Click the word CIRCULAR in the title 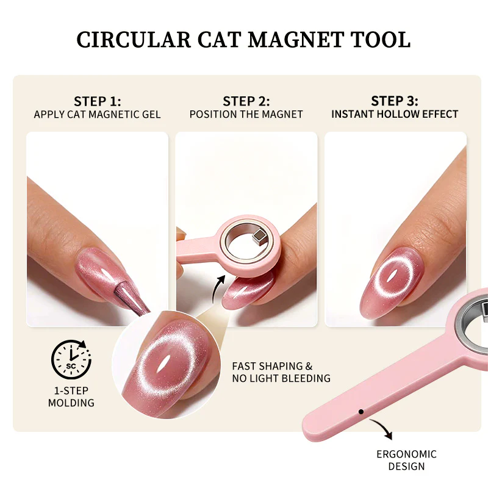pos(134,40)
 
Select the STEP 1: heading pos(98,101)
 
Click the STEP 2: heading pos(246,101)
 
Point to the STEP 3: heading pos(395,101)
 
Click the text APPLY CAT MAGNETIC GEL pos(98,115)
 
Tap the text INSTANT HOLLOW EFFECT pos(395,114)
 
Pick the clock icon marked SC pos(71,359)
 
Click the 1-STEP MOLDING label pos(71,397)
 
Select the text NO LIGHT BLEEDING pos(281,378)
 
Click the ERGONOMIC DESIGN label pos(406,461)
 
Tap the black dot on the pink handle pos(361,412)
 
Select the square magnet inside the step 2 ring pos(258,236)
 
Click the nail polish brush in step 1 pos(131,296)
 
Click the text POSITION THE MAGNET pos(246,115)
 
